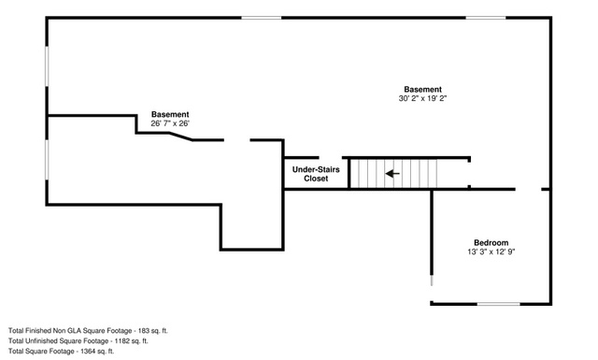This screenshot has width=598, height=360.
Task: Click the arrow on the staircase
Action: (x=392, y=174)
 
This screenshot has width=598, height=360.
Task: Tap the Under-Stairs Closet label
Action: (x=316, y=174)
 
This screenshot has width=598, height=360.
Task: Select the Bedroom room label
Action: (x=491, y=242)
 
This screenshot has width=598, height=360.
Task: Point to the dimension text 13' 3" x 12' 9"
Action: (x=491, y=252)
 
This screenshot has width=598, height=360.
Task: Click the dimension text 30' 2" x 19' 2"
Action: (x=422, y=98)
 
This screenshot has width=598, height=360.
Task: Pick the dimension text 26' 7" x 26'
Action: (x=170, y=123)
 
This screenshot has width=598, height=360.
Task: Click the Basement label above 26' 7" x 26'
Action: (x=170, y=114)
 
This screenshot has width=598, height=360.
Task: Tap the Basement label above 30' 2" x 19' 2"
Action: (x=422, y=89)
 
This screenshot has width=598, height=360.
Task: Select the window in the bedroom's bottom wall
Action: (x=498, y=304)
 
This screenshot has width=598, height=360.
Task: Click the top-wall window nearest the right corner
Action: (x=486, y=18)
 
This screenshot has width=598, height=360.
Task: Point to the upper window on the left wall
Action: (x=47, y=66)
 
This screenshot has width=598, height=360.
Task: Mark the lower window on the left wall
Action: (x=47, y=160)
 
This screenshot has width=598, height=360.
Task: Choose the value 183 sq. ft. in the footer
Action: (x=153, y=331)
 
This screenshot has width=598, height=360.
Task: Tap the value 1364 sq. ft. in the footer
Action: (x=97, y=352)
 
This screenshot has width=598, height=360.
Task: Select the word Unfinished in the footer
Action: (x=41, y=341)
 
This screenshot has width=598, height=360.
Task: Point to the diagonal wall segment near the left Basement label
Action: (x=180, y=137)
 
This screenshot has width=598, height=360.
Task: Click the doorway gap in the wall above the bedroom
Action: (x=528, y=189)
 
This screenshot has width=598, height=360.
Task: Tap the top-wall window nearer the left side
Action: (x=262, y=18)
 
